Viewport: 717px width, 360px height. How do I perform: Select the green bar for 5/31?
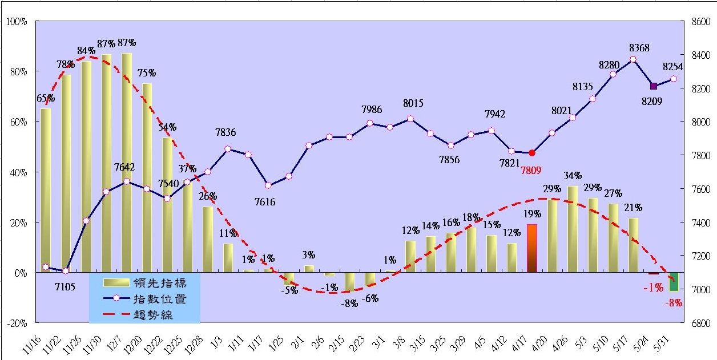[x=674, y=282]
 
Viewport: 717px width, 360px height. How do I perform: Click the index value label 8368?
[x=639, y=48]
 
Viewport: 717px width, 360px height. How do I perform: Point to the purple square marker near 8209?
[x=654, y=86]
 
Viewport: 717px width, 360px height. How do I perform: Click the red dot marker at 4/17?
[x=532, y=153]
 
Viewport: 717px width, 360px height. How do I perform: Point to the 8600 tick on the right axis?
[x=699, y=22]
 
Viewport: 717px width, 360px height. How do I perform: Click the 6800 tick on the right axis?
[x=699, y=323]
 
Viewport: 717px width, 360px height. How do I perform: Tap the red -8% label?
[x=674, y=304]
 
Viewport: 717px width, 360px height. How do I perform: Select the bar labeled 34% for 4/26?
[x=573, y=229]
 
